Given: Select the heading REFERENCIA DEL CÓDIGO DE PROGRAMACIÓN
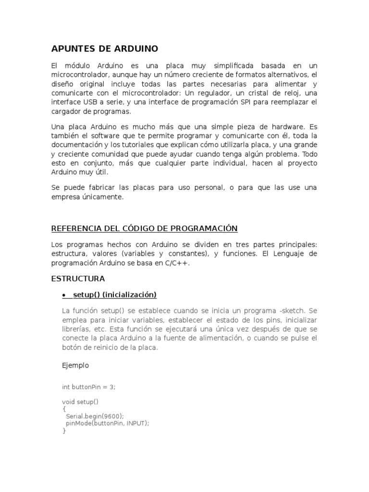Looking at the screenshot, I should click(145, 228).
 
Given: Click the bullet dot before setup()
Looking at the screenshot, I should click(64, 295).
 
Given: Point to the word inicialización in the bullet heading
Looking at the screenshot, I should click(131, 295).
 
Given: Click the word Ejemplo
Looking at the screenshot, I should click(75, 365).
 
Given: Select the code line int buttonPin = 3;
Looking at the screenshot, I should click(89, 387).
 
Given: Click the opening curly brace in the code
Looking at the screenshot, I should click(64, 409).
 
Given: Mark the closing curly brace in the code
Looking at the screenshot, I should click(64, 431).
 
